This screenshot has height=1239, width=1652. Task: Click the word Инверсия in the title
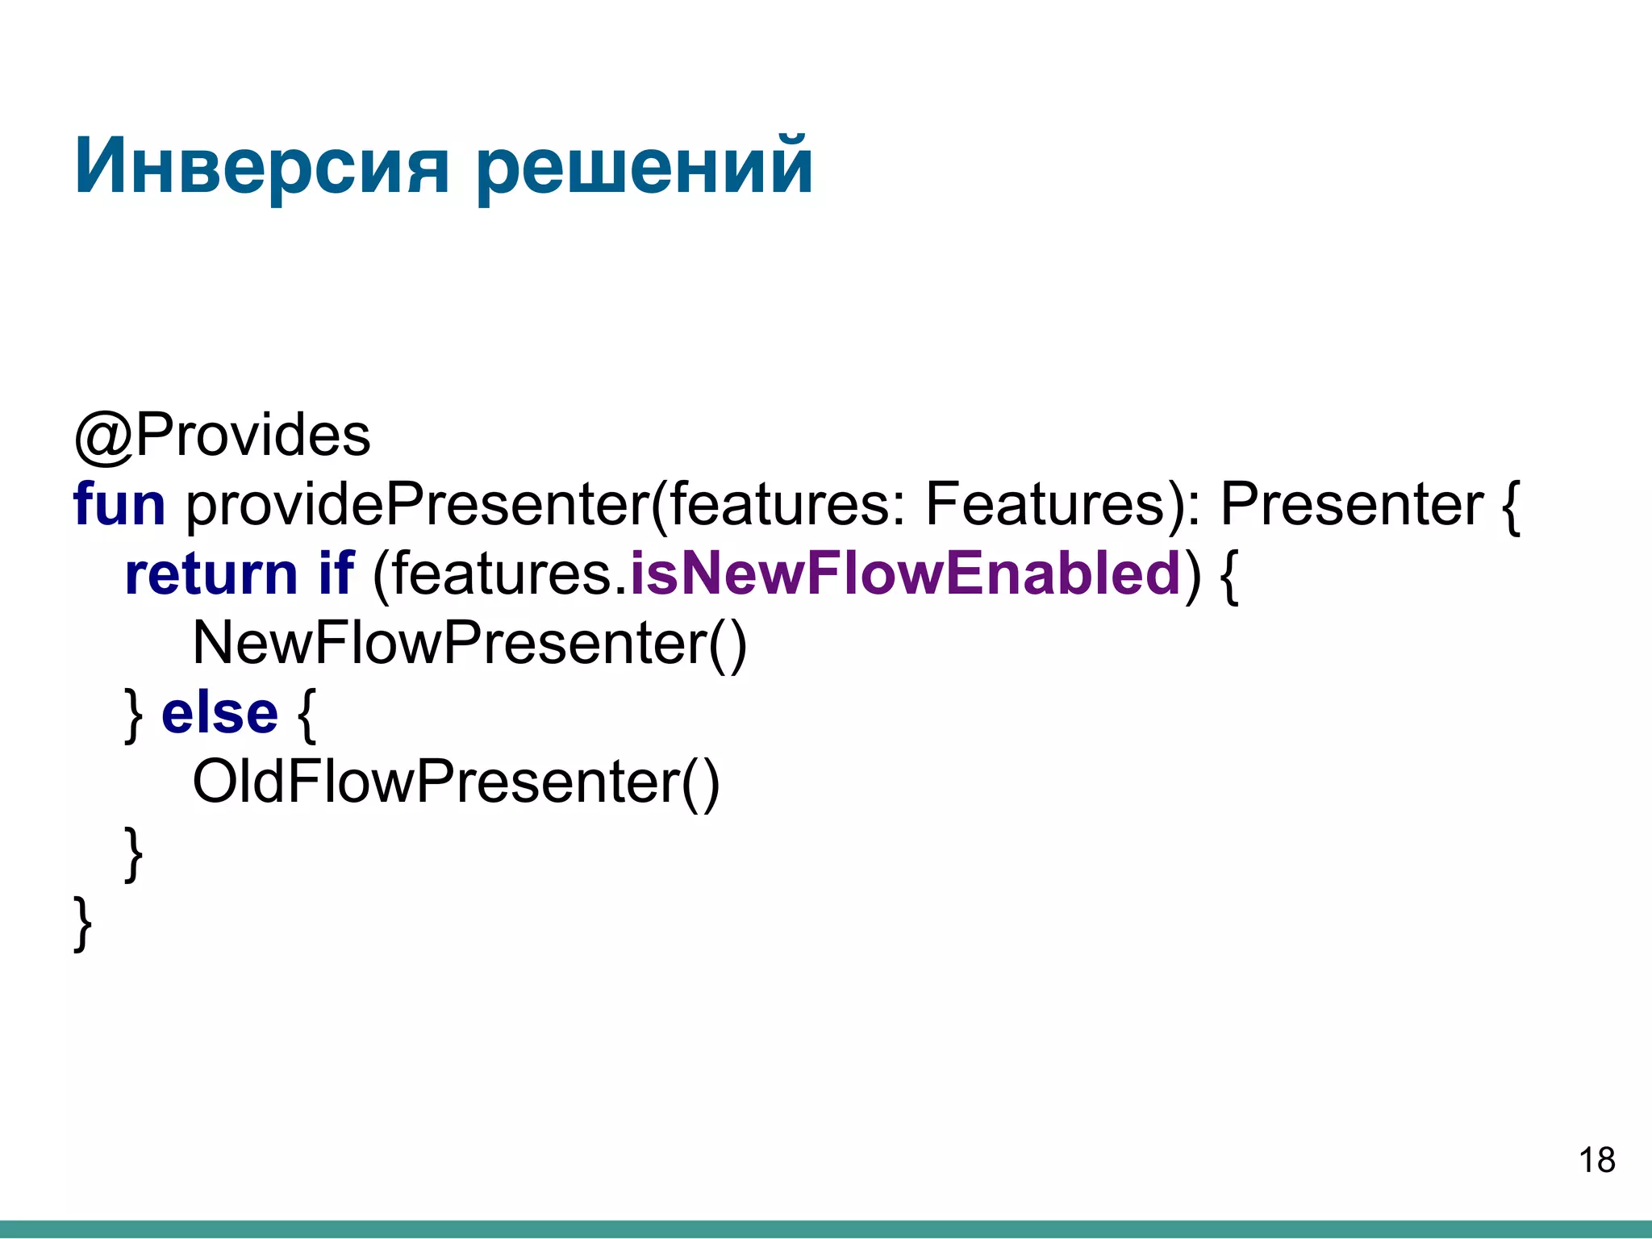261,167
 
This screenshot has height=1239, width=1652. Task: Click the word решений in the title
644,167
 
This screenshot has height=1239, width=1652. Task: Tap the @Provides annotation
222,436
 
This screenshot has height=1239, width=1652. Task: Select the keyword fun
119,505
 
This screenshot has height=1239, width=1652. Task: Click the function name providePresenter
417,505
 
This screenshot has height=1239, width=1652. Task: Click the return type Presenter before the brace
1351,505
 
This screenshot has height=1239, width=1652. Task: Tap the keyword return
211,574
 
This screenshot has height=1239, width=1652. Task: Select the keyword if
336,574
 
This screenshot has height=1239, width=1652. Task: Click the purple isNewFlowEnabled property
905,574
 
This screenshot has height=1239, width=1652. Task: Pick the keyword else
219,714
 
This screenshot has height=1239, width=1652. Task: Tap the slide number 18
1596,1161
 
